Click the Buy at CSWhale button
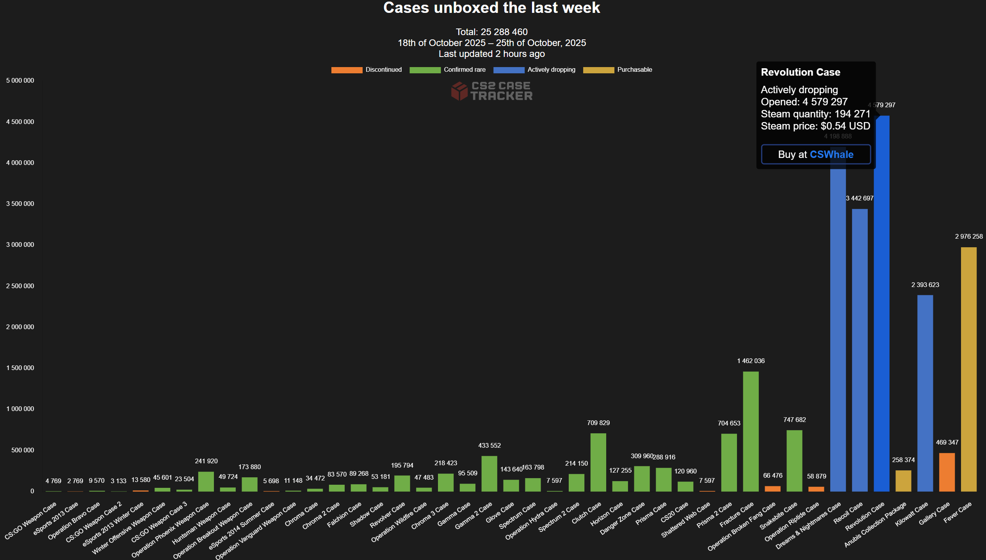pos(815,154)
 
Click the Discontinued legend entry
pos(367,70)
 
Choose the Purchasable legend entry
pos(618,70)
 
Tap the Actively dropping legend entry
pos(534,70)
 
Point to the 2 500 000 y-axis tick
pos(20,286)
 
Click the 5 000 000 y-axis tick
pos(20,80)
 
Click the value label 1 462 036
pos(751,361)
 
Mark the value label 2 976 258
pos(969,236)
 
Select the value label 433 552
pos(489,445)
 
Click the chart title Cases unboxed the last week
pos(491,8)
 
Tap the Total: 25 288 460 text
pos(491,32)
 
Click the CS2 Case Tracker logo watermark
pos(491,91)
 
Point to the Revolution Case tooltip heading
pos(800,72)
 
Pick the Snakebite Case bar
pos(794,461)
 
